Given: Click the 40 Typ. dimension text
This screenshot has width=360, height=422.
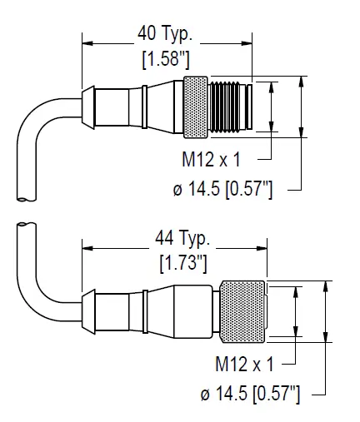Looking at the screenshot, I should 167,36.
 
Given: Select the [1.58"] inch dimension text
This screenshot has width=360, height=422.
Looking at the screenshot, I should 167,61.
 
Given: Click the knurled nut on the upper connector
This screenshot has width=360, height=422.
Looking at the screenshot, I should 196,107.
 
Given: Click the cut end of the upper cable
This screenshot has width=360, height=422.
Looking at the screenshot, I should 25,199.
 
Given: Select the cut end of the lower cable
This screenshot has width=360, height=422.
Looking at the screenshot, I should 25,226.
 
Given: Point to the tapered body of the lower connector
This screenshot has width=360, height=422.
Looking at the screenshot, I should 179,312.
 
